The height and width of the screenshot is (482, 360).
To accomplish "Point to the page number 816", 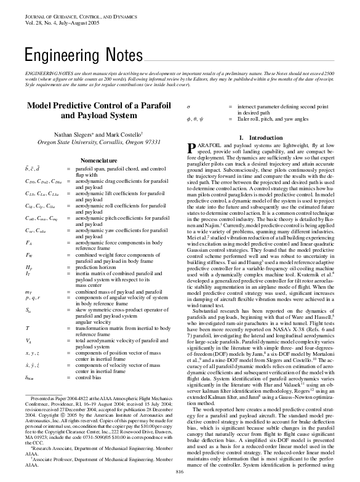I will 180,472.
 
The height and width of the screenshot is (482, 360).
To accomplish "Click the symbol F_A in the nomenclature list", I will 28,243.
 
